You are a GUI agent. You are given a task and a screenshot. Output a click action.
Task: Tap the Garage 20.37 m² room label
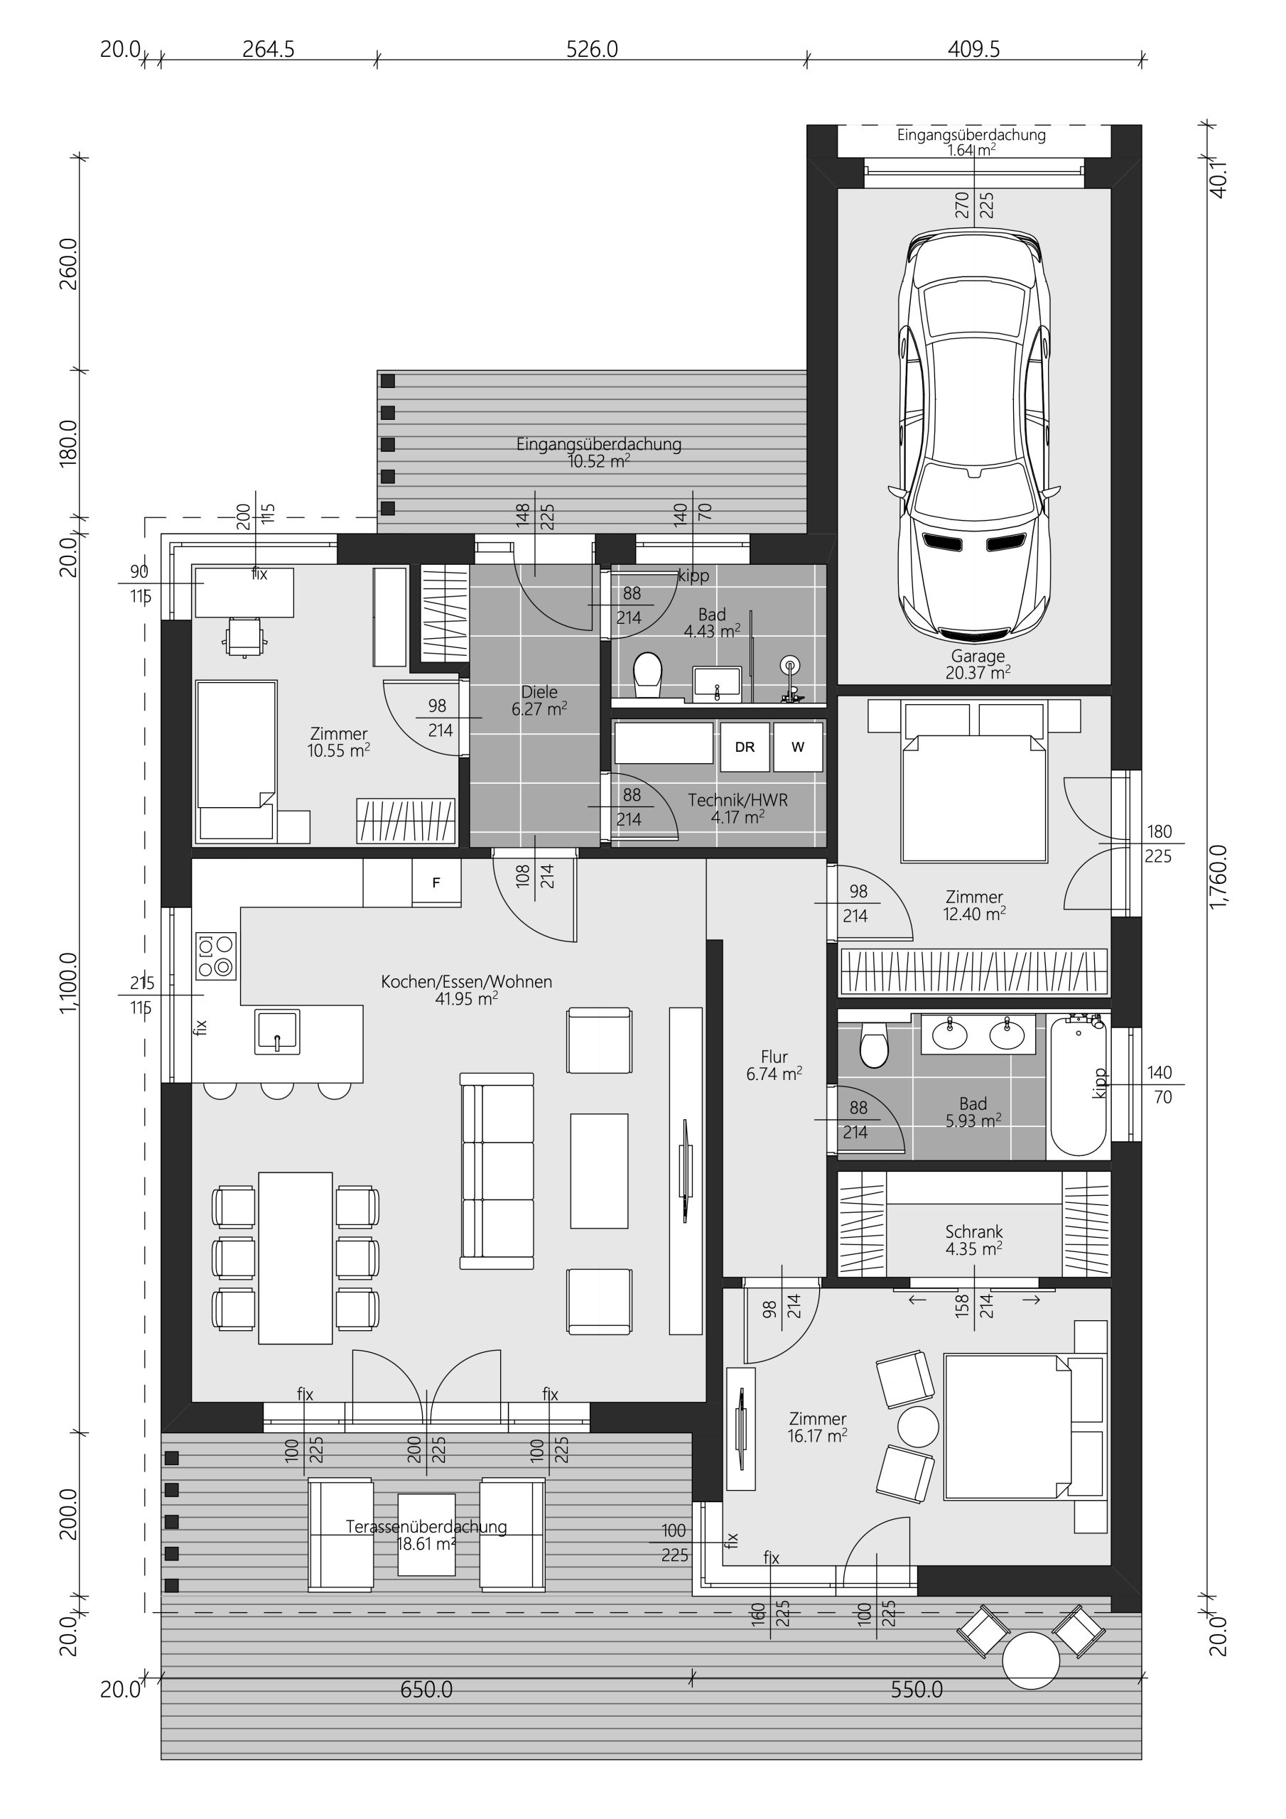(x=978, y=664)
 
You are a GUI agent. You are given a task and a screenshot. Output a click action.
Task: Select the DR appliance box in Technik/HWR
(x=745, y=746)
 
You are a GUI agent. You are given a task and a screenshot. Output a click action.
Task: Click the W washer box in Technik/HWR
(x=798, y=746)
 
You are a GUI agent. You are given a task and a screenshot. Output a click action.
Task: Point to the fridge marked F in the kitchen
(x=436, y=882)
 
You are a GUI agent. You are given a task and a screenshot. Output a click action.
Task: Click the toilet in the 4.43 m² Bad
(x=647, y=676)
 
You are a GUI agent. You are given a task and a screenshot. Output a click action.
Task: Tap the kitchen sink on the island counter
(x=277, y=1032)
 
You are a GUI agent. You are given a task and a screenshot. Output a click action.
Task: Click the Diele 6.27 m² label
(x=539, y=701)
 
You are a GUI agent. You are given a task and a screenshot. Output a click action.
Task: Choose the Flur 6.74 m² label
(x=774, y=1066)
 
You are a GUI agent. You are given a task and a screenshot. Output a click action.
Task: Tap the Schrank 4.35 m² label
(x=974, y=1240)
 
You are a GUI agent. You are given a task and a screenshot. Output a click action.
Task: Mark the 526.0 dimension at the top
(x=592, y=49)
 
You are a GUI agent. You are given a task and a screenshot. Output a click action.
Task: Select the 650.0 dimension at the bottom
(x=426, y=1690)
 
